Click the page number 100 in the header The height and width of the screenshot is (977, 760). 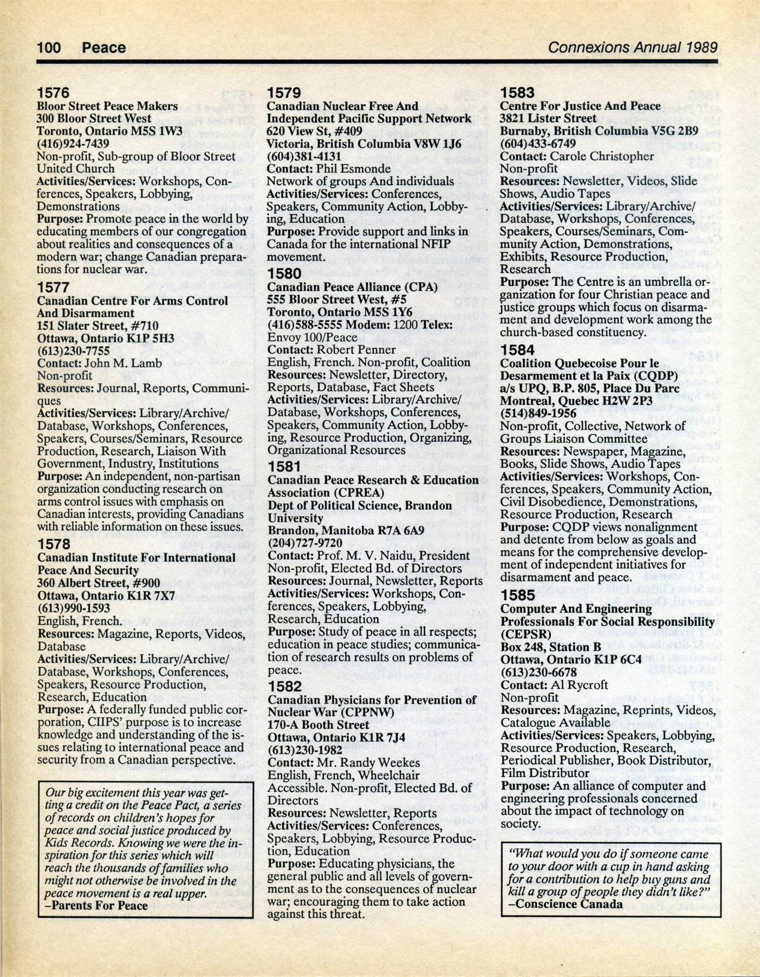[x=49, y=48]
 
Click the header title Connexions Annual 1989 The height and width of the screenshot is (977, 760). [x=632, y=48]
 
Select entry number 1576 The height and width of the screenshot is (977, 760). [x=54, y=93]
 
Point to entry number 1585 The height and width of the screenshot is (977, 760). [x=518, y=595]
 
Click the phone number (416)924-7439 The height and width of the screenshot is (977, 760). [x=73, y=143]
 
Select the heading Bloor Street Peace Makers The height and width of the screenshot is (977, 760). [x=107, y=106]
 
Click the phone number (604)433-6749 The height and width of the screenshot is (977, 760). [x=538, y=143]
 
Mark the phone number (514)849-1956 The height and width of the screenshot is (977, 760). [x=538, y=414]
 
